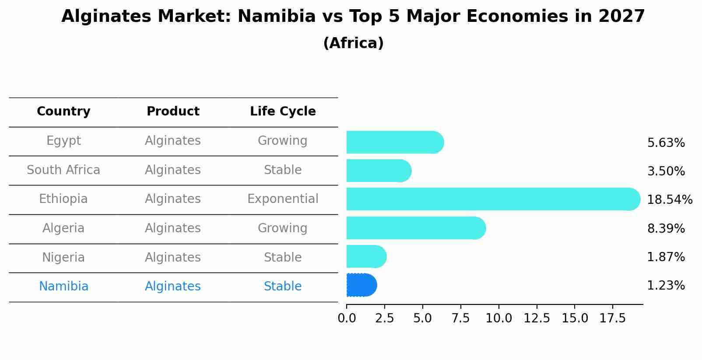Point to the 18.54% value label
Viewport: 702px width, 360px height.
coord(669,200)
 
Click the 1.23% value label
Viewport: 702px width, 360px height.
coord(666,286)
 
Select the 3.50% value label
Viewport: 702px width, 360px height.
coord(666,171)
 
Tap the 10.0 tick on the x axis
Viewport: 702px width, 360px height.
coord(498,318)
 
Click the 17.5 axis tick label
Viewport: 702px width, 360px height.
coord(613,318)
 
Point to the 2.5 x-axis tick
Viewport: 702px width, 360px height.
coord(385,318)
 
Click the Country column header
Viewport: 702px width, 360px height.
coord(63,112)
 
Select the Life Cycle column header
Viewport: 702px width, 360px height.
coord(283,112)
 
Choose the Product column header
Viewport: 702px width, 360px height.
coord(173,112)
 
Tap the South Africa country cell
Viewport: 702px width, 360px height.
coord(63,170)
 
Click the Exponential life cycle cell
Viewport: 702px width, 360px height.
coord(283,199)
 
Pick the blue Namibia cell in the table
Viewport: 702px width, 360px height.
coord(63,287)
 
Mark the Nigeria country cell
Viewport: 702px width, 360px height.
coord(63,257)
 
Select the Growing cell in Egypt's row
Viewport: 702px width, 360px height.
coord(283,141)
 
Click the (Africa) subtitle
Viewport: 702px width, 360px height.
coord(353,43)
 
